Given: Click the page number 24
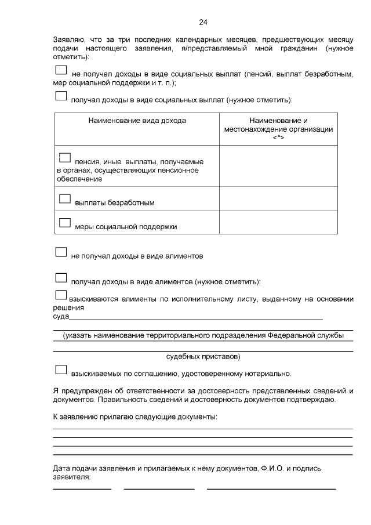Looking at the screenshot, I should coord(203,23).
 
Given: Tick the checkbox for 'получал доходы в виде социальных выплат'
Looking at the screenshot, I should coord(61,95).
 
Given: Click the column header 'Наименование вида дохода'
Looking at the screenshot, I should coord(137,121).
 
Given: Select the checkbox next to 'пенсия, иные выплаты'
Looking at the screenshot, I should coord(65,158).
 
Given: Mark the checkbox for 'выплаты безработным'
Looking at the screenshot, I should coord(65,198).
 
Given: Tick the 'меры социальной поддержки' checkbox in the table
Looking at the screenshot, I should coord(65,222).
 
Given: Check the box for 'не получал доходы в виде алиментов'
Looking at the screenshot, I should coord(61,252).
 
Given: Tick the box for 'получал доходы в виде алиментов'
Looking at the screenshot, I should coord(61,278).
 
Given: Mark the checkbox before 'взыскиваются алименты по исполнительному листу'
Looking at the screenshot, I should coord(61,295).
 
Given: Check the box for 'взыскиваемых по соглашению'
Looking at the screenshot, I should coord(61,370).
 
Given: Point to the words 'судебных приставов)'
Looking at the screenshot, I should coord(203,356).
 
